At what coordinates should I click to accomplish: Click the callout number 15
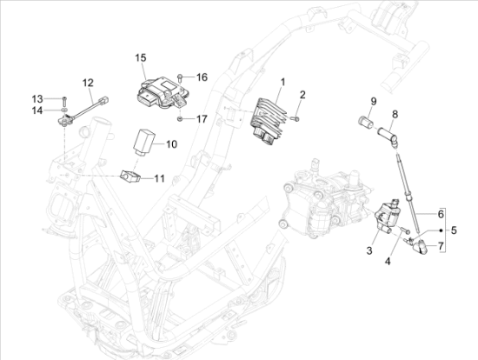141,57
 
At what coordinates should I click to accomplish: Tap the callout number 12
88,83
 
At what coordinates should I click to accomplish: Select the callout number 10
171,144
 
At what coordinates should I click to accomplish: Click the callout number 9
374,101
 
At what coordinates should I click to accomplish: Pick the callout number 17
202,119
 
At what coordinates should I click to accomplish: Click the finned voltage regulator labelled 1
268,121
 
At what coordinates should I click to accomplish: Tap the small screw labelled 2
295,118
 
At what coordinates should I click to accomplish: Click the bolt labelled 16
180,77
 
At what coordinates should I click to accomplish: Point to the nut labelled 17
180,118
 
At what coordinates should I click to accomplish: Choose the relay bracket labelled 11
130,176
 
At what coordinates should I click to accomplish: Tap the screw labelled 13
64,100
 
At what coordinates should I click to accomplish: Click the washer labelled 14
64,110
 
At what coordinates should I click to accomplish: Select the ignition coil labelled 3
387,214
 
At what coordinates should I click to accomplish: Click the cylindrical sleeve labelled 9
366,123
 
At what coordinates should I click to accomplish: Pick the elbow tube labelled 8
388,137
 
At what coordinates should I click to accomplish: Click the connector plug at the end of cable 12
104,100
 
